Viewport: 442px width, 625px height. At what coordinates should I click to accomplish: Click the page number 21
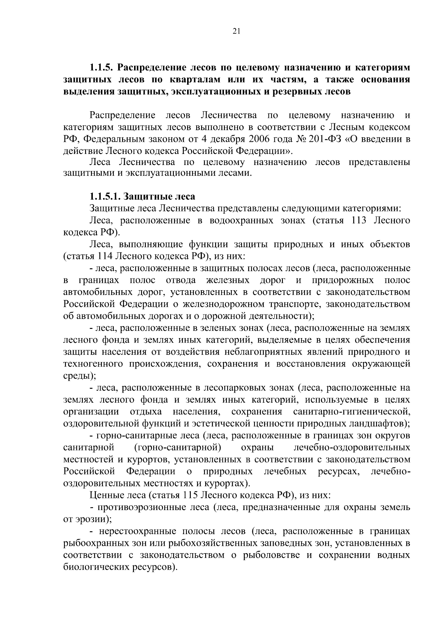pyautogui.click(x=236, y=32)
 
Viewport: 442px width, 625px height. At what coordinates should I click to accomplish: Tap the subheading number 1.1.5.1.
pyautogui.click(x=106, y=196)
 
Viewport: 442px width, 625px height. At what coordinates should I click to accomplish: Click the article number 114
pyautogui.click(x=106, y=256)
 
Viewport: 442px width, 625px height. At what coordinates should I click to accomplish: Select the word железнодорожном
pyautogui.click(x=231, y=304)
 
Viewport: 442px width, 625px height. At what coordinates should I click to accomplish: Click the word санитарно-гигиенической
pyautogui.click(x=351, y=412)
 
